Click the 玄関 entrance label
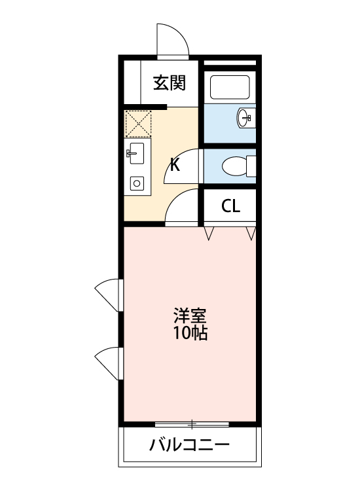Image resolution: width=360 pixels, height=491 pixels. click(x=170, y=82)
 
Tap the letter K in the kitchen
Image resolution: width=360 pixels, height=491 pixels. click(x=175, y=164)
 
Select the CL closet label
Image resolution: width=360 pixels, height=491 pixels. click(x=230, y=206)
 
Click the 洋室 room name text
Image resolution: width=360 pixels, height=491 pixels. click(x=190, y=316)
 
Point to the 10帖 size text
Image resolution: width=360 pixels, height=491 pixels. click(x=190, y=333)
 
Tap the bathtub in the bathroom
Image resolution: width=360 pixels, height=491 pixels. click(x=229, y=88)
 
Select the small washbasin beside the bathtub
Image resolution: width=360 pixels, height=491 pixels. click(x=245, y=118)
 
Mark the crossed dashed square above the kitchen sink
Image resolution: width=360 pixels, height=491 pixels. click(x=138, y=123)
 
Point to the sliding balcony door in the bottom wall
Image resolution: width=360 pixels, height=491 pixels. click(x=192, y=422)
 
